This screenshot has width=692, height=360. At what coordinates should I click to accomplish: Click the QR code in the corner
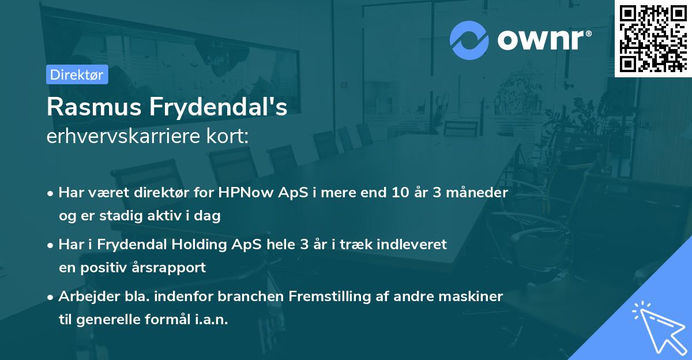coord(653,38)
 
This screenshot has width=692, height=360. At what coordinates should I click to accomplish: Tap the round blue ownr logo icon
coord(470,40)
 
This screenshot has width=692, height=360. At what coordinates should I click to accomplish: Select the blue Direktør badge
coord(77,74)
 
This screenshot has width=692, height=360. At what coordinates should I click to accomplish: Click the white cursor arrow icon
coord(655,325)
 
